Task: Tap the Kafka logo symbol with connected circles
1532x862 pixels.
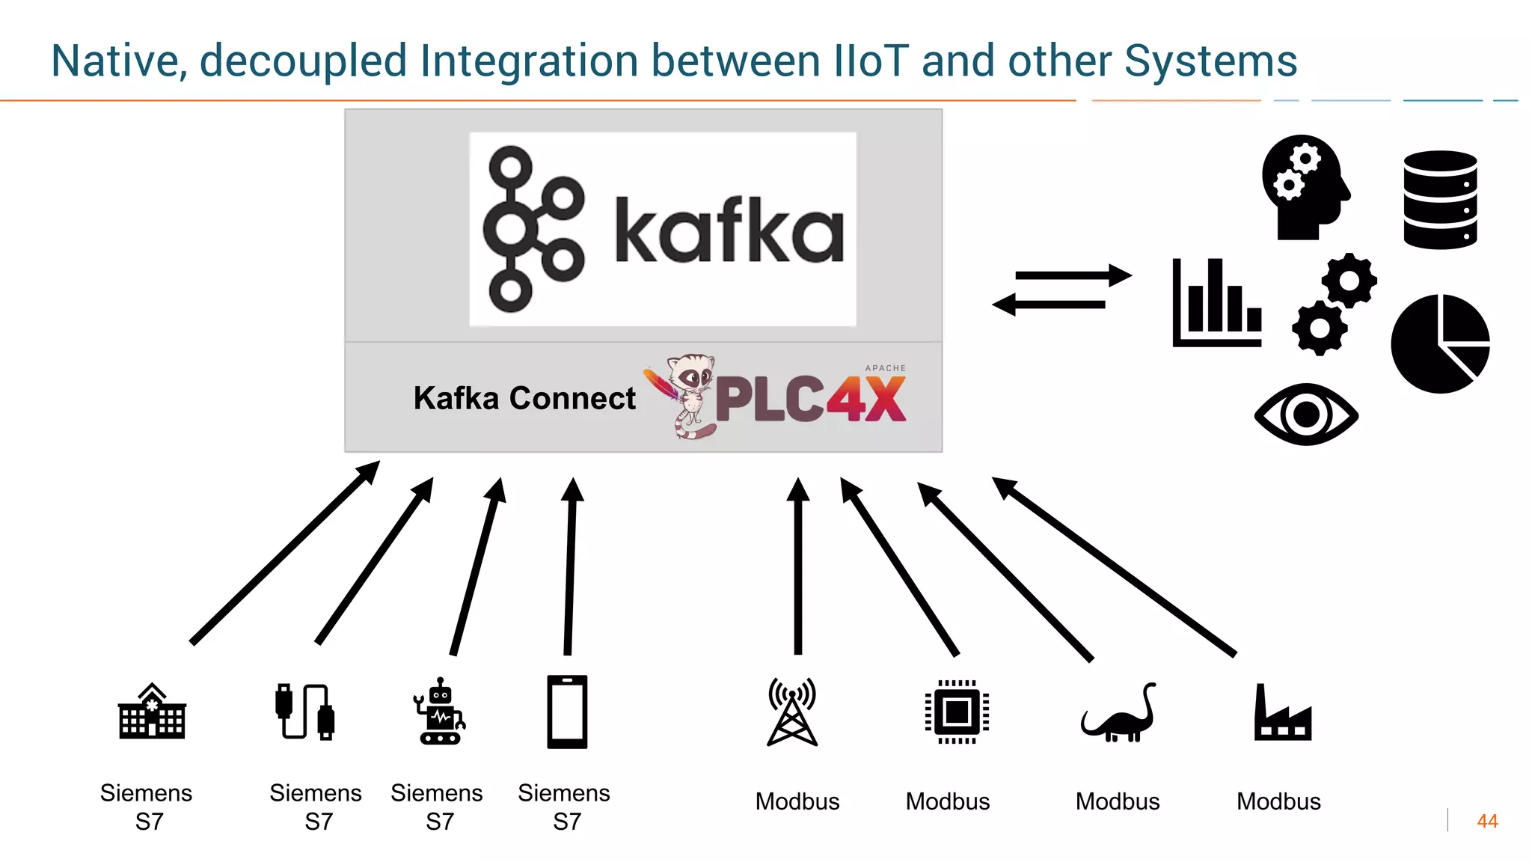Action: (533, 229)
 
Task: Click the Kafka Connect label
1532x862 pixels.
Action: (524, 398)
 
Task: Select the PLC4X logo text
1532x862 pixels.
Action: (810, 398)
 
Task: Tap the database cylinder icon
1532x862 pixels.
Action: (1440, 200)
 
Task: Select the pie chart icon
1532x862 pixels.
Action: (1440, 343)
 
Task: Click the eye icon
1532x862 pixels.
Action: (1306, 414)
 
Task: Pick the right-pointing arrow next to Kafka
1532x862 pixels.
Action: (1073, 275)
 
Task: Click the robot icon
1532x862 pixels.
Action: (440, 712)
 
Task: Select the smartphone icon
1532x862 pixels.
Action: (567, 712)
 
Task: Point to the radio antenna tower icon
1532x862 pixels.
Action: (792, 712)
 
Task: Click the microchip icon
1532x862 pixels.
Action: (957, 712)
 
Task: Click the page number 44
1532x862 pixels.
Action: (1487, 821)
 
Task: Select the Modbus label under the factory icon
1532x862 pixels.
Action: (1278, 801)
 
